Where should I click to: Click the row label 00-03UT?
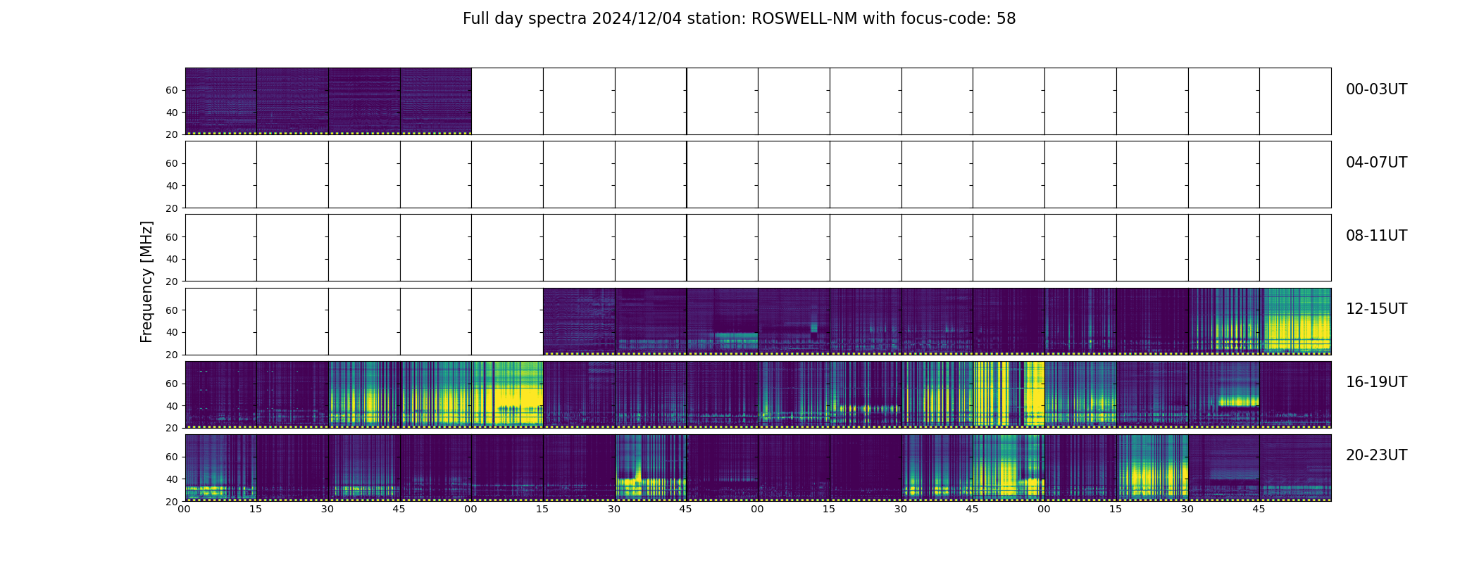coord(1376,89)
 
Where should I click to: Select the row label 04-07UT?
coord(1376,163)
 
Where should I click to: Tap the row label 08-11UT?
coord(1376,236)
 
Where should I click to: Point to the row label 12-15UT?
coord(1376,309)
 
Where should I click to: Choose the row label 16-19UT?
coord(1376,382)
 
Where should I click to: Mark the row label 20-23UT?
coord(1376,455)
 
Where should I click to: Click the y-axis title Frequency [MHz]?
coord(146,281)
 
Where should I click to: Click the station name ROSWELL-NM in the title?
coord(804,19)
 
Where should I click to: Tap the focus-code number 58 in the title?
coord(1006,19)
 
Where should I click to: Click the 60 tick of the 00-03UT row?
coord(172,90)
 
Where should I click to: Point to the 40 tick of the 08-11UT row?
coord(172,259)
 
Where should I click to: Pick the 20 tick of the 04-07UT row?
coord(172,208)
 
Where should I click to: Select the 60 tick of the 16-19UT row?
coord(172,384)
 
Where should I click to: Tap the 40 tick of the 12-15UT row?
coord(172,332)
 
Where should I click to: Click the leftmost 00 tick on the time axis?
coord(185,509)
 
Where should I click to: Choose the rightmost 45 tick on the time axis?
coord(1259,509)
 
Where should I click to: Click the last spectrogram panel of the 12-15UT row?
coord(1295,321)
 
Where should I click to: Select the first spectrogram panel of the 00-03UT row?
coord(220,101)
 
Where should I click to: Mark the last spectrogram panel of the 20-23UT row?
coord(1295,467)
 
